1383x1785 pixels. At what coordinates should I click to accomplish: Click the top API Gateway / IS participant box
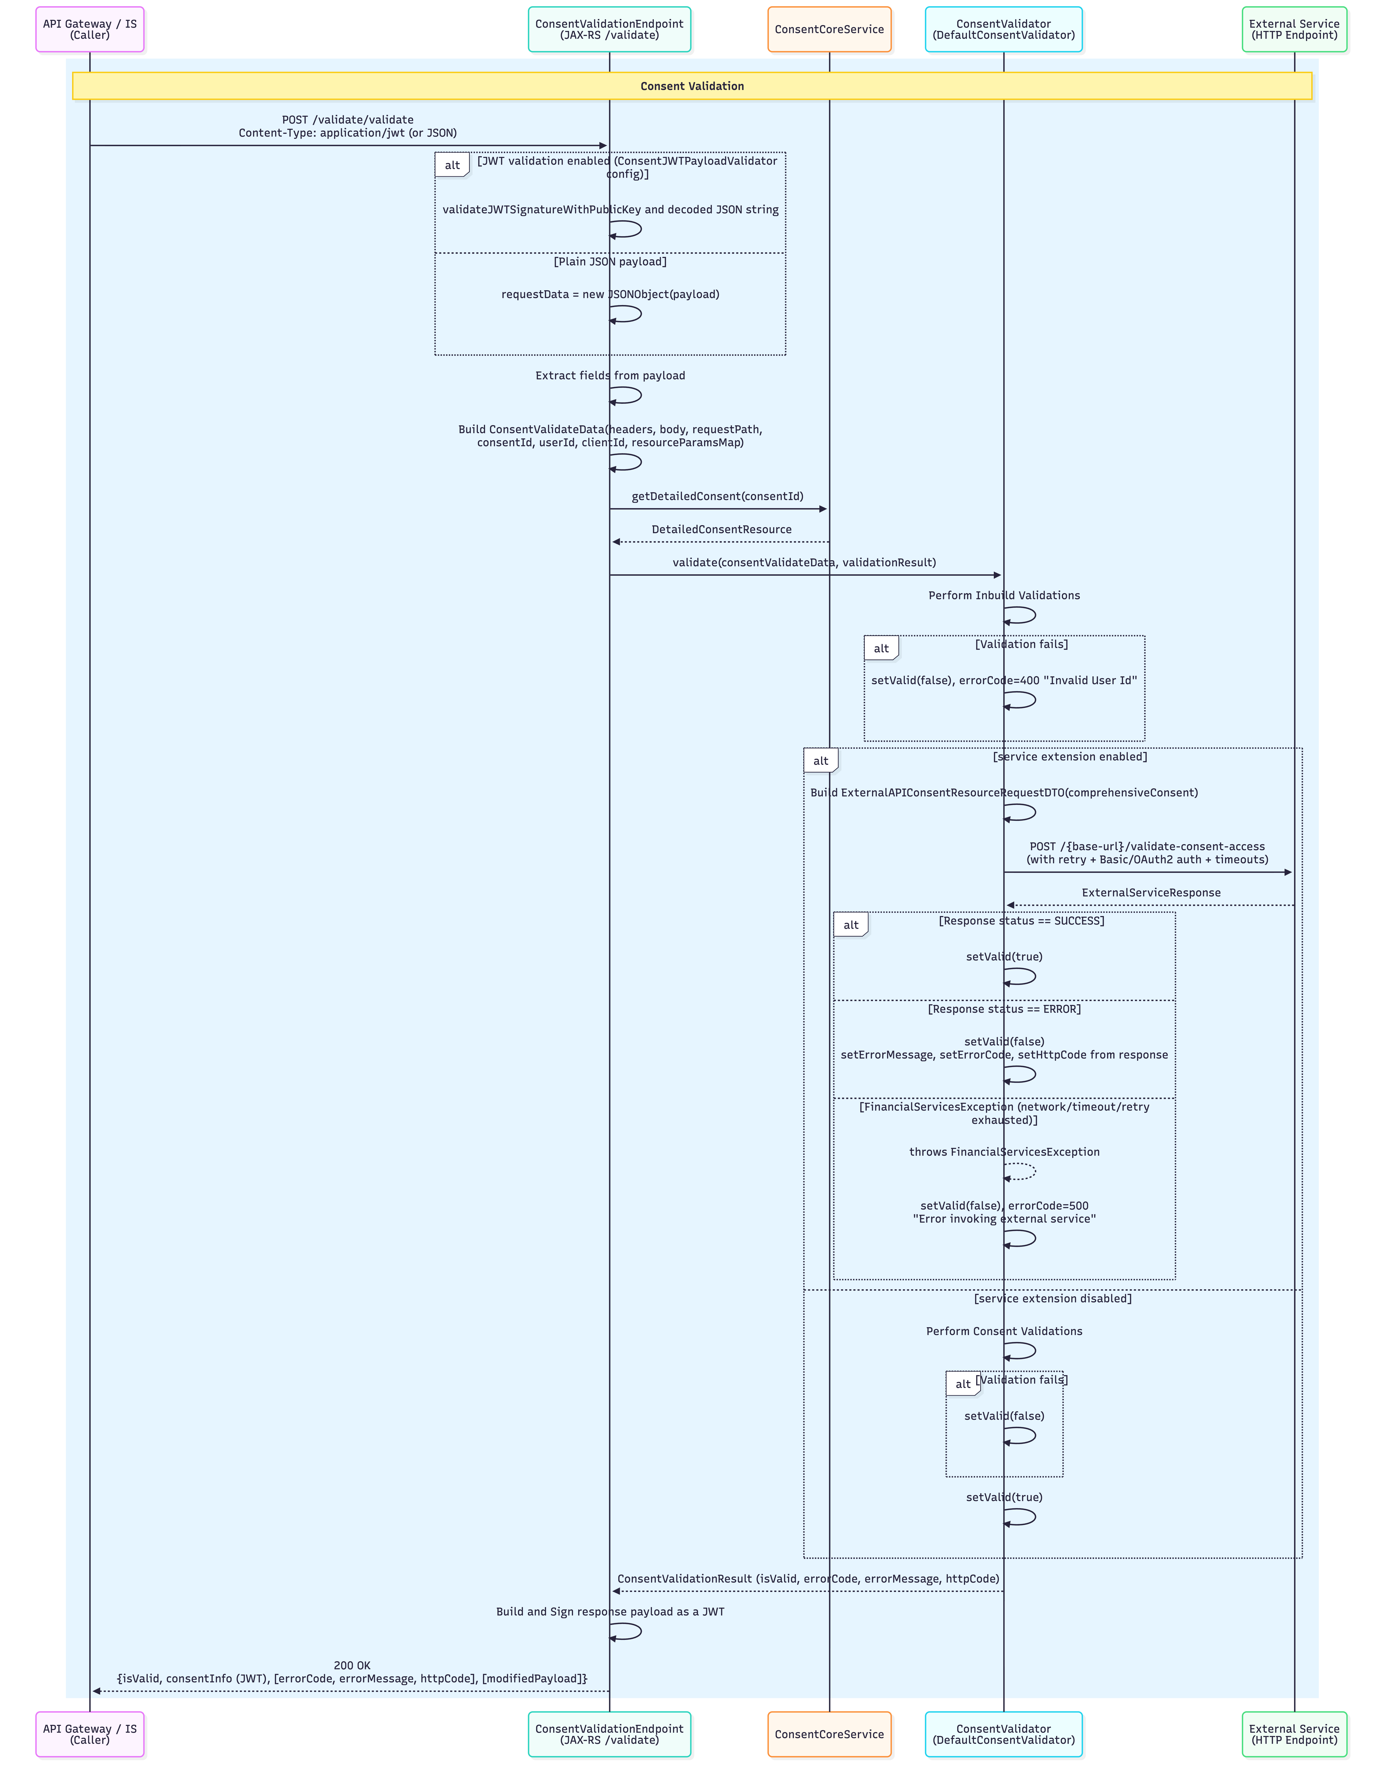(90, 29)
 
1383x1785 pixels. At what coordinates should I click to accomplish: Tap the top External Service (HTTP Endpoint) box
(1294, 29)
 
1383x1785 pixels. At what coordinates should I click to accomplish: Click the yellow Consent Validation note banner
(692, 86)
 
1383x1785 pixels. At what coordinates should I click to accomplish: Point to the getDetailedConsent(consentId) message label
(717, 496)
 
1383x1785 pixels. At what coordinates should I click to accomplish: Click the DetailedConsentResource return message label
(721, 530)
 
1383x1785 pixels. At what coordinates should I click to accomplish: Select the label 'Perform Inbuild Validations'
(1004, 595)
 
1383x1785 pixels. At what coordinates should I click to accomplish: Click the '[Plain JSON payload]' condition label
(610, 261)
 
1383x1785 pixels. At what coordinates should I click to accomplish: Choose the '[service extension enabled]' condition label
(1070, 757)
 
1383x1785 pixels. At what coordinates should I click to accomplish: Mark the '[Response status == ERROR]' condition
(1004, 1009)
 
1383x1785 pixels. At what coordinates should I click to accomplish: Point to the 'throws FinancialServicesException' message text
(1004, 1152)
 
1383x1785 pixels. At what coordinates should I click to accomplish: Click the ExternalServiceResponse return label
(1151, 892)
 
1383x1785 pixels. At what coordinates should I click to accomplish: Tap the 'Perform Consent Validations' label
(1004, 1331)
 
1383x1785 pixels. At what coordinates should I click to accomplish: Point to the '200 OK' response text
(352, 1665)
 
